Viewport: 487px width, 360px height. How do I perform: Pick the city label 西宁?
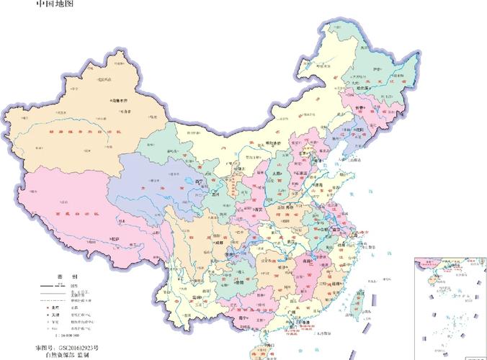pyautogui.click(x=198, y=181)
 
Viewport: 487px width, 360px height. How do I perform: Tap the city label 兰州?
pyautogui.click(x=215, y=194)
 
